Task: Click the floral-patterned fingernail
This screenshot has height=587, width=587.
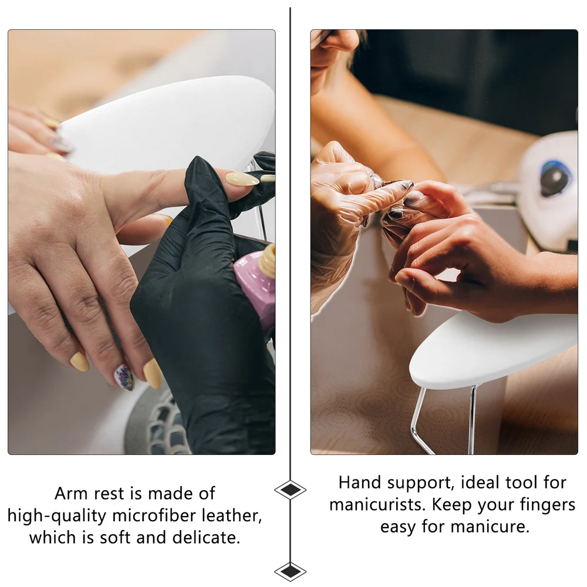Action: [124, 377]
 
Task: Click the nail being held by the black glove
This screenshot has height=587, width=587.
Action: [242, 179]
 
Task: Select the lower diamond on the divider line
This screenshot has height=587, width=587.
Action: [290, 571]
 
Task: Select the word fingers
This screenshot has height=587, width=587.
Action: [548, 505]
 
